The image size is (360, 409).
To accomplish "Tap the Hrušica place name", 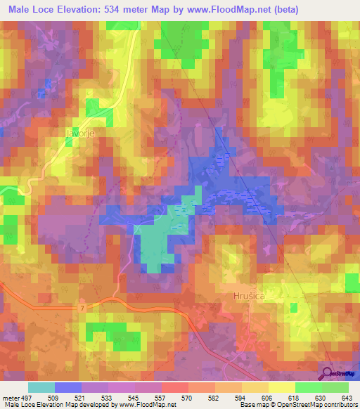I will point(248,297).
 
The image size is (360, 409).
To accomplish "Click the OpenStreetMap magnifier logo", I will point(328,373).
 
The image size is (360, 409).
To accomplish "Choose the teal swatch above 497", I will point(41,387).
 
